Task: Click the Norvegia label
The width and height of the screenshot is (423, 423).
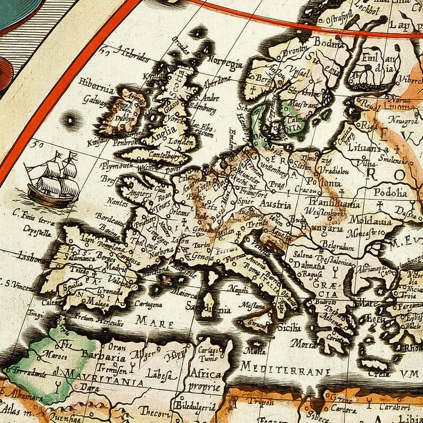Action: (x=225, y=62)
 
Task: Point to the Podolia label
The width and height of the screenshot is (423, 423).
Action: (x=391, y=192)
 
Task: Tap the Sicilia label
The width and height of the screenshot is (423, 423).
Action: (x=288, y=327)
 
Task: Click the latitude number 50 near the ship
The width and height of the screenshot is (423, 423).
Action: (x=36, y=143)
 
